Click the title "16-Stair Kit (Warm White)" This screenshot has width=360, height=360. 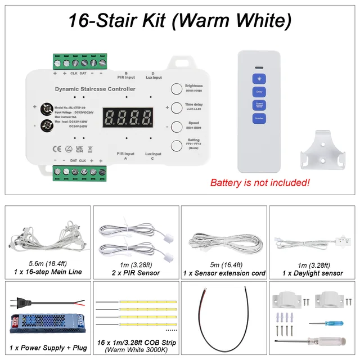coord(180,21)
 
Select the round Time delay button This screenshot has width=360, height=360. coord(177,107)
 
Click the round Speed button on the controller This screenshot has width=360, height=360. coord(177,126)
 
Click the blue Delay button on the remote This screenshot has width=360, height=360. coord(259,92)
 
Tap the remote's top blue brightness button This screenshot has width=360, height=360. coord(259,78)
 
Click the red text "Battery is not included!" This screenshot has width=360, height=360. coord(259,183)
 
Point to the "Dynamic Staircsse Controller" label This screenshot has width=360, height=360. coord(95,89)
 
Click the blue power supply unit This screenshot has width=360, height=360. coord(47,323)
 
